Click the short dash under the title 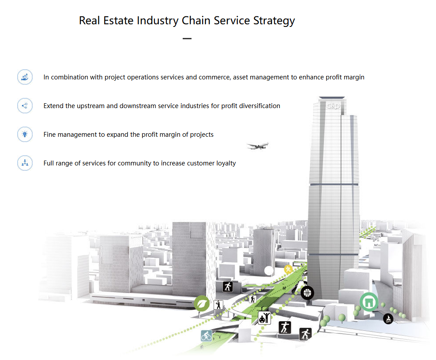pos(187,38)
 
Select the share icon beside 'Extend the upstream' pos(25,106)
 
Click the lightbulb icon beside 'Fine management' pos(25,135)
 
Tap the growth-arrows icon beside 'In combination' pos(25,77)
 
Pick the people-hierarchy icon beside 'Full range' pos(25,163)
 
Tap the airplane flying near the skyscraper pos(257,146)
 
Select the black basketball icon pos(308,292)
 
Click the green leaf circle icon pos(202,304)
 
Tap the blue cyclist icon pos(207,336)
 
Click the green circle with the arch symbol pos(368,302)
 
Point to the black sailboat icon pos(388,318)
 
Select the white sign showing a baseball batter pos(218,305)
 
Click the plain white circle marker pos(269,270)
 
